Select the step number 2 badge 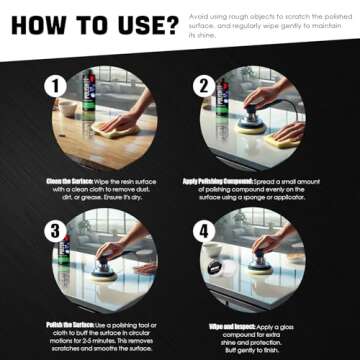tap(204, 86)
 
